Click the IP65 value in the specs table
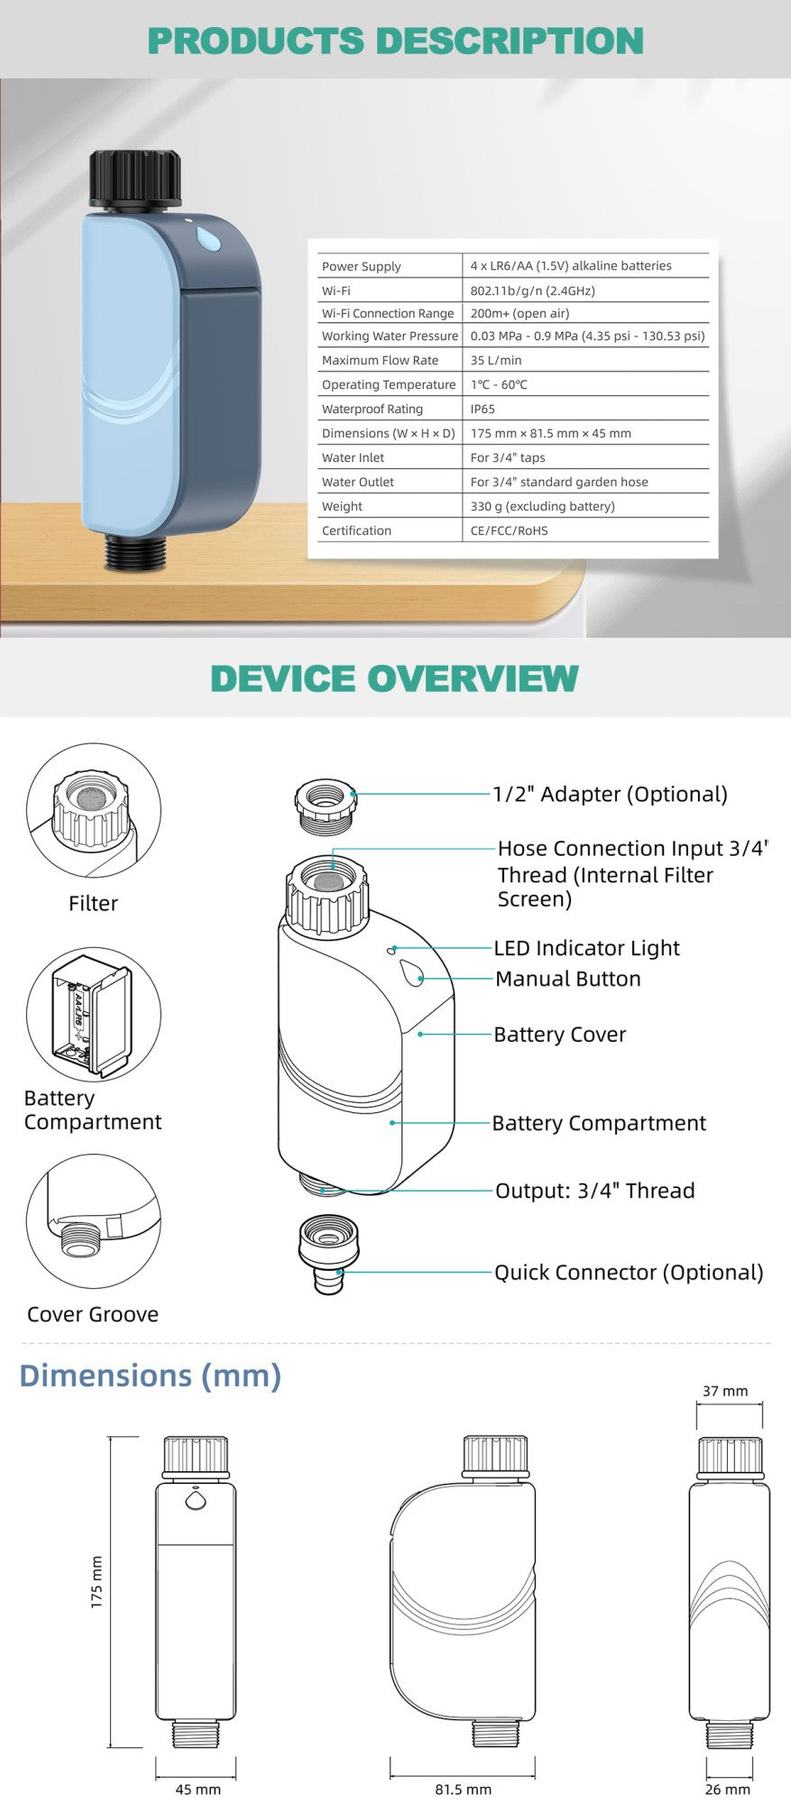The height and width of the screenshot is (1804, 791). point(483,409)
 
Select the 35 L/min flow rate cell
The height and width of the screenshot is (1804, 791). point(495,360)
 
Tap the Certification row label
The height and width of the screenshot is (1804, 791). point(356,530)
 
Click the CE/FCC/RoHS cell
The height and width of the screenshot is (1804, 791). point(509,530)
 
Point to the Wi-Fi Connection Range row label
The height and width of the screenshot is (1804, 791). point(388,313)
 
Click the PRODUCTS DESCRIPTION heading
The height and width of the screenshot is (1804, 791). point(395,41)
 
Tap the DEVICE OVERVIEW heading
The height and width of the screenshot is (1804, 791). point(394,678)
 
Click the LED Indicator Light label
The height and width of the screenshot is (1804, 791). point(586,948)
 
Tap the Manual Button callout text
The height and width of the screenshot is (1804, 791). point(568,979)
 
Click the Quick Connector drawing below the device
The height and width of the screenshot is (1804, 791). point(328,1255)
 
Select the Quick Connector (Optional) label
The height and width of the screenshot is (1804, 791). point(629,1272)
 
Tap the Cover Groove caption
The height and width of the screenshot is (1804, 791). point(93,1314)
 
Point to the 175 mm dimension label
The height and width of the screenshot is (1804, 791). point(97,1582)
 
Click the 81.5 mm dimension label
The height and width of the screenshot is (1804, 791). point(463,1790)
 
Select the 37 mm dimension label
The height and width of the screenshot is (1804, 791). point(725,1391)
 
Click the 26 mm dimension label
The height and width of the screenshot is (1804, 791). point(727,1790)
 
